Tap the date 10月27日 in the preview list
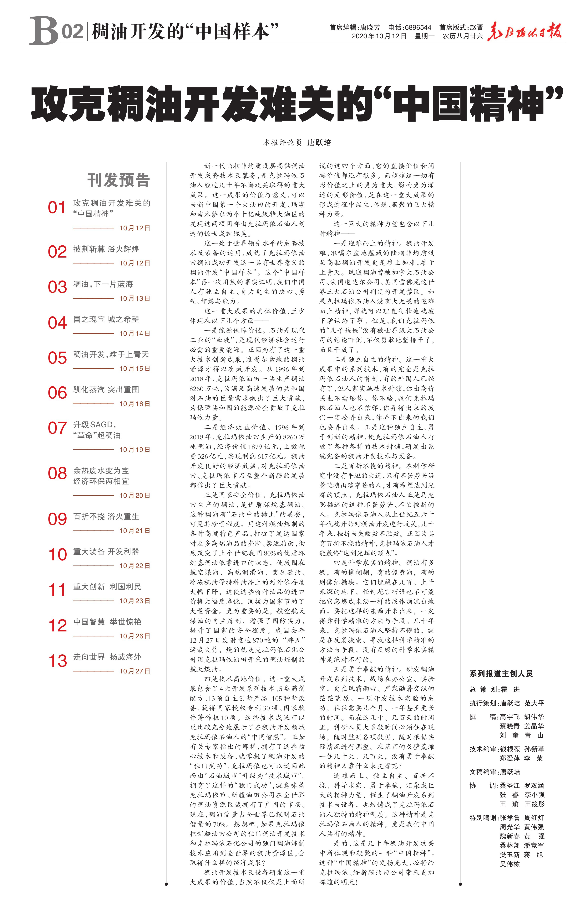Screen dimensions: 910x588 [135, 671]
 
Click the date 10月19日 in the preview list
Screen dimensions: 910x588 [135, 449]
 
